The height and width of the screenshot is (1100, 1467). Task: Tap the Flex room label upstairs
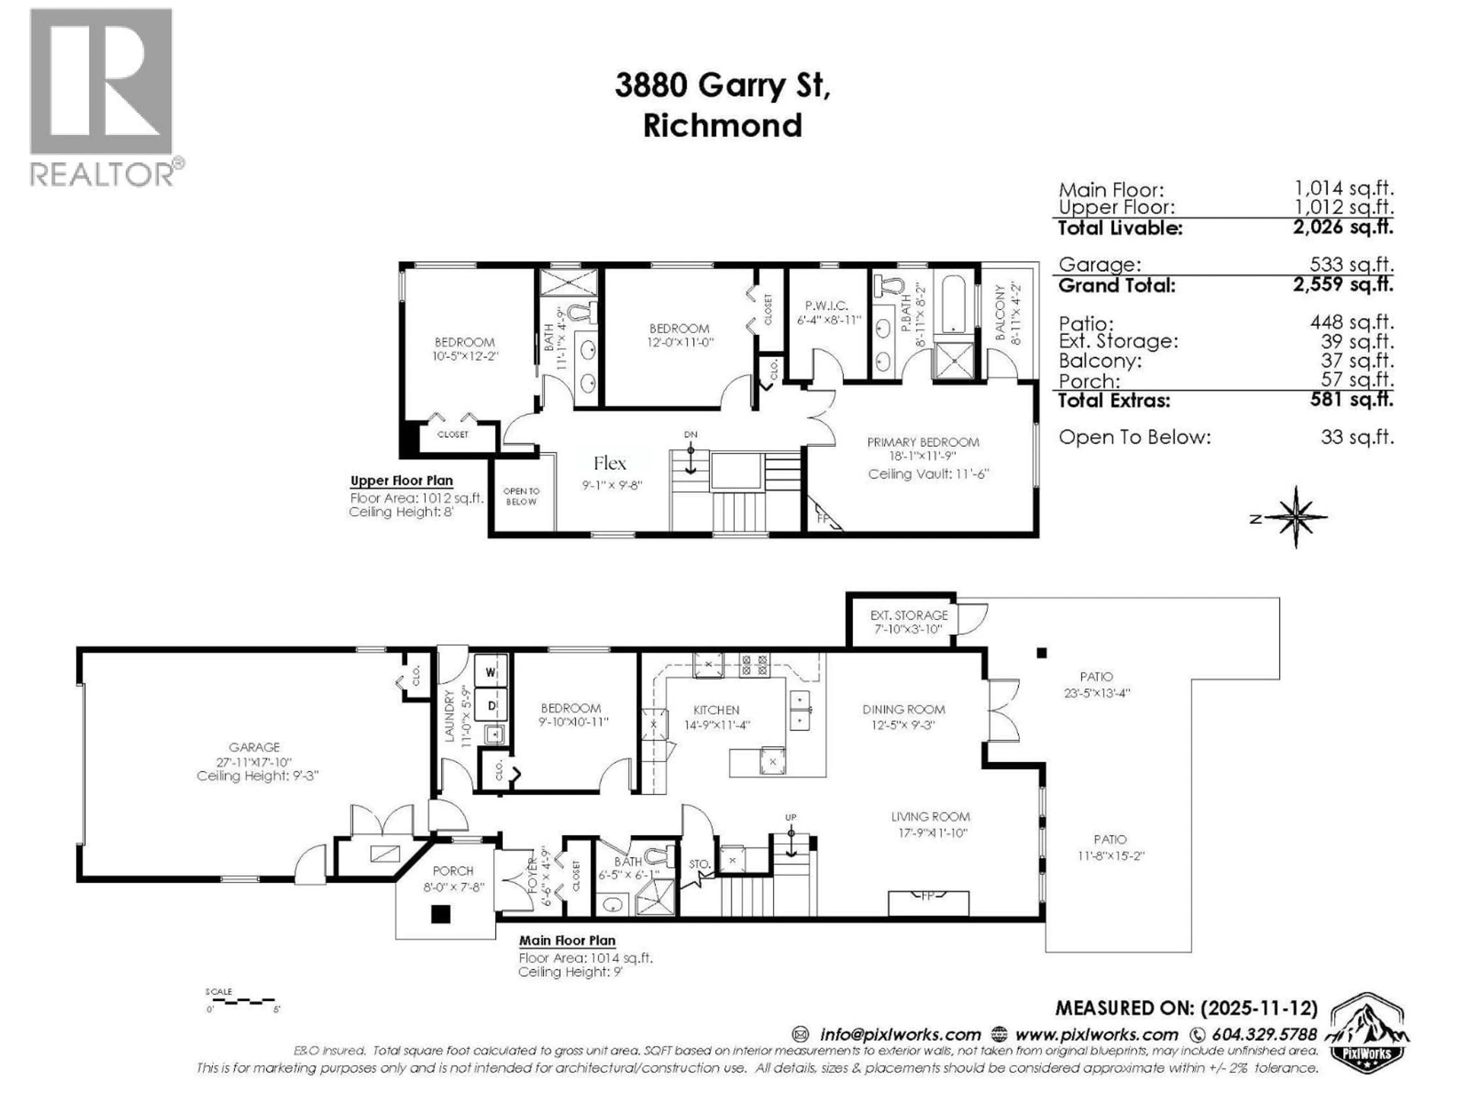(x=609, y=463)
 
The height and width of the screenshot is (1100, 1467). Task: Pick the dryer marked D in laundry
(x=491, y=705)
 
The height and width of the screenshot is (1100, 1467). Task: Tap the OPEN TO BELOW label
(x=521, y=496)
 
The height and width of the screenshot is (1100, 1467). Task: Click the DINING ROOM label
(x=903, y=710)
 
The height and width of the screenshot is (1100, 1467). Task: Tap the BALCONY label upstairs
(x=1000, y=313)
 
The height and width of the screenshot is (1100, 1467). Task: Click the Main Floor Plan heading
(x=567, y=940)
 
